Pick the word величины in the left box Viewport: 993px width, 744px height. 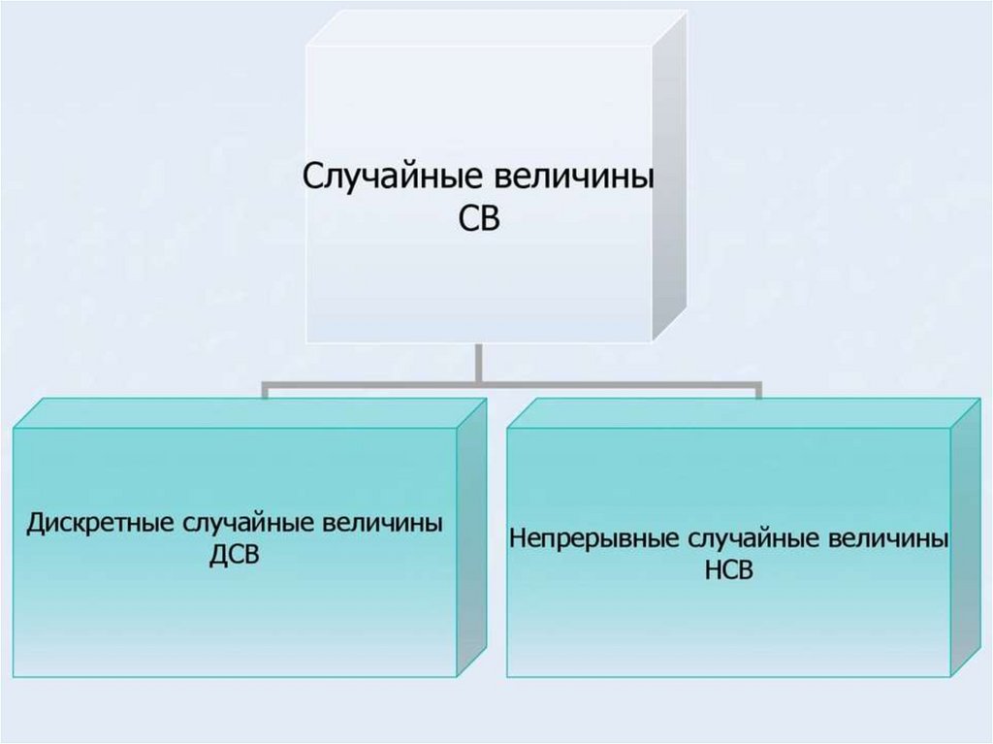coord(379,524)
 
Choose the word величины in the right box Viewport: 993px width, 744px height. coord(885,537)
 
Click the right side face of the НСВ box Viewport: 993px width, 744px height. coord(966,538)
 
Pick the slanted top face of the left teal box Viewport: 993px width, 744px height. coord(242,412)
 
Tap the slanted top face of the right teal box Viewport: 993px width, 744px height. coord(737,412)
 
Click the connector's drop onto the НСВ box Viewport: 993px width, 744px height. coord(757,390)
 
